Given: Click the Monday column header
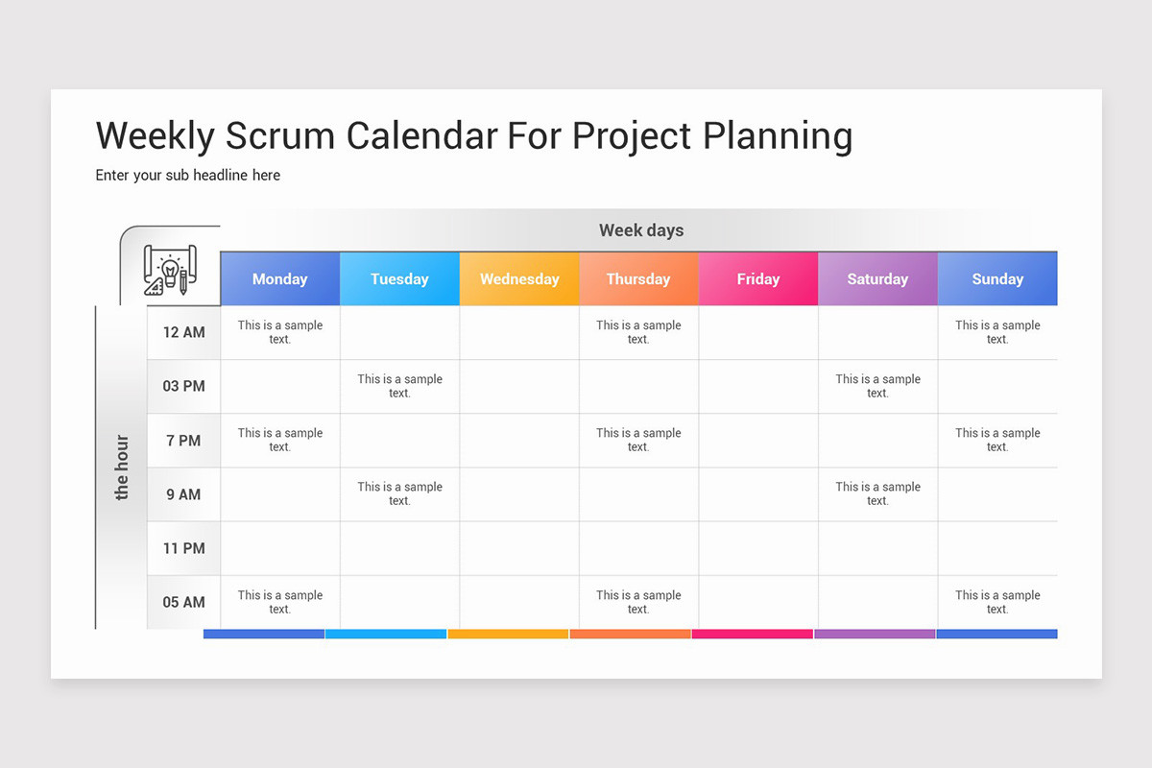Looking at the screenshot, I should (279, 279).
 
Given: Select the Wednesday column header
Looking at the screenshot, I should (519, 279).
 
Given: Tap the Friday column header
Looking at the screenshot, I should (757, 279).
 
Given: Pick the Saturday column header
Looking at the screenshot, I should (877, 279).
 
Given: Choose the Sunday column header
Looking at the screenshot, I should (997, 279).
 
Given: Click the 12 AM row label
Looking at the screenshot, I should (183, 332).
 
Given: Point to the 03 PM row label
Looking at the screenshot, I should (183, 386).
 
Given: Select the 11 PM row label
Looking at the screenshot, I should (183, 548).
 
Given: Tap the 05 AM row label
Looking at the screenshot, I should (183, 602).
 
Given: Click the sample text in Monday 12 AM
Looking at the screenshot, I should (280, 332).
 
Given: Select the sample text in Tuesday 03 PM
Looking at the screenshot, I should (399, 386).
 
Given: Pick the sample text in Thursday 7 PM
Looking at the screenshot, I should (638, 440).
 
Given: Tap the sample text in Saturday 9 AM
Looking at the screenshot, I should (877, 493).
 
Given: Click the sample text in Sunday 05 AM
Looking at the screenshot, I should (997, 602).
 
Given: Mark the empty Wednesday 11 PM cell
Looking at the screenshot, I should (519, 548).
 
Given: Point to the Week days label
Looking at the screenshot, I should (641, 230).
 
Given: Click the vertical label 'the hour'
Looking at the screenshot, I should (122, 468).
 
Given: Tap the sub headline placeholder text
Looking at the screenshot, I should (188, 175).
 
